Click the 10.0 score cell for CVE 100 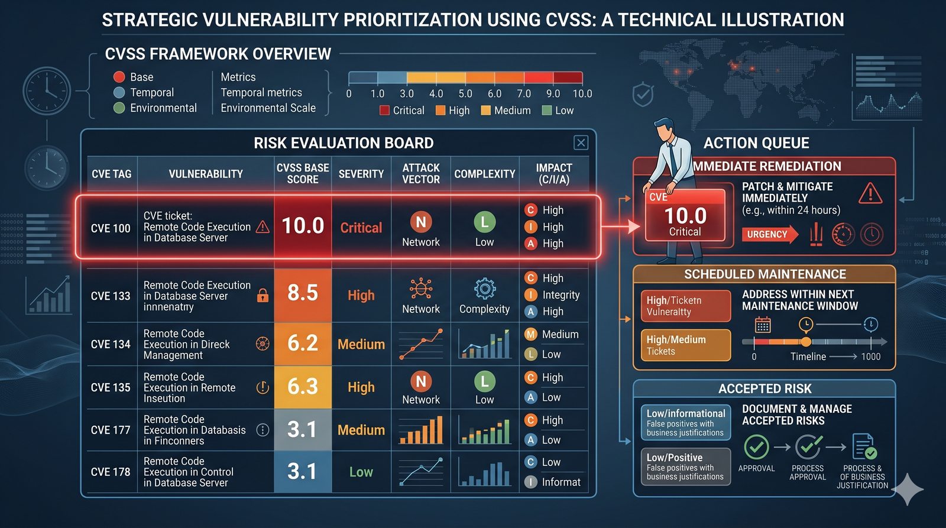[x=303, y=226]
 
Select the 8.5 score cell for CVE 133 [x=303, y=293]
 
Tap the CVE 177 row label [x=111, y=430]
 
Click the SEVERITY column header [x=361, y=174]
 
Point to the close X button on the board [x=581, y=142]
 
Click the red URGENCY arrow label [x=769, y=234]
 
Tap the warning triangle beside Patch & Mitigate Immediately [x=870, y=193]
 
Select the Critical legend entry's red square [x=384, y=111]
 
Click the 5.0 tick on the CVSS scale [x=465, y=93]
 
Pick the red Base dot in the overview [x=119, y=77]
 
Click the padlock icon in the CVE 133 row [x=263, y=296]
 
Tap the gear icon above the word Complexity [x=484, y=289]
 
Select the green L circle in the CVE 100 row [x=484, y=222]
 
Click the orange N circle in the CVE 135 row [x=421, y=381]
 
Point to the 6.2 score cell [x=303, y=344]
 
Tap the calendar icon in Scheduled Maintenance [x=763, y=325]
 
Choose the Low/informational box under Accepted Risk [x=686, y=422]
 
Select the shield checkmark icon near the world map [x=643, y=95]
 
